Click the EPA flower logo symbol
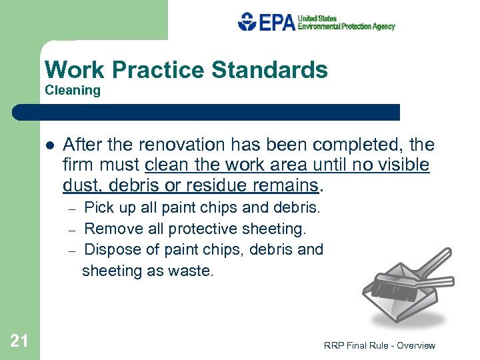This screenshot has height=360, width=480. [x=247, y=21]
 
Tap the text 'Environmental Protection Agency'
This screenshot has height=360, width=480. [x=346, y=27]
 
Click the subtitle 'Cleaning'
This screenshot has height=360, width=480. [x=73, y=91]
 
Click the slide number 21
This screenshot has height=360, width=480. [x=19, y=341]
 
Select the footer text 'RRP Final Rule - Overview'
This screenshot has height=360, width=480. [x=379, y=345]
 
